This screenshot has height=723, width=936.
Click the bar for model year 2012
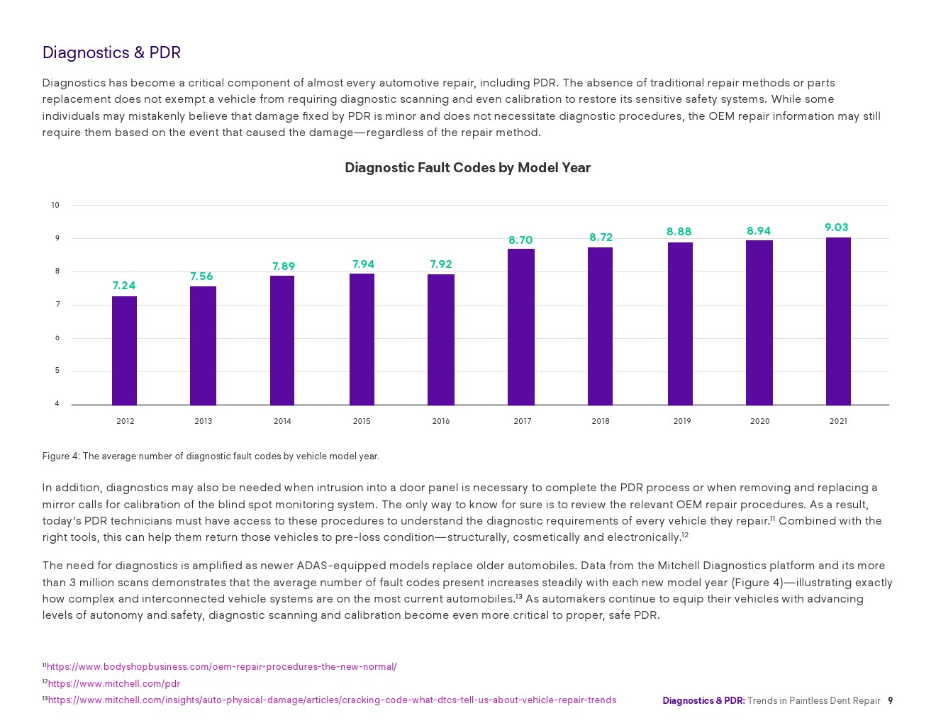[x=124, y=350]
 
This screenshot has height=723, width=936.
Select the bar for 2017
[x=521, y=327]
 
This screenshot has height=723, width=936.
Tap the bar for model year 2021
[x=838, y=321]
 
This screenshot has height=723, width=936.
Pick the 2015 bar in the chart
[x=362, y=339]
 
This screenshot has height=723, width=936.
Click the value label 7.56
[x=201, y=276]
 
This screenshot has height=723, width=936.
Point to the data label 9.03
[x=836, y=228]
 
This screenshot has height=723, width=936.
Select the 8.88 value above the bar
[x=679, y=232]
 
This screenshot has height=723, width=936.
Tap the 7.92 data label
[x=440, y=264]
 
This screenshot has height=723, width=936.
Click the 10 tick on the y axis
[x=55, y=206]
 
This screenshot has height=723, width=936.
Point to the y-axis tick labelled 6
[x=57, y=338]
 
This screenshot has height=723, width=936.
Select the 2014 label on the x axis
[x=282, y=421]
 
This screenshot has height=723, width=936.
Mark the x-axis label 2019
[x=682, y=421]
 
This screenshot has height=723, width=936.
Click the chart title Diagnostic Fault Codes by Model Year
[x=467, y=168]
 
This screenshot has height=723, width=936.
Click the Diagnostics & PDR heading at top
[x=111, y=52]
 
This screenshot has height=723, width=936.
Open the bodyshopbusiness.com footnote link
[x=221, y=667]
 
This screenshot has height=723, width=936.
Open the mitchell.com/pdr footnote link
[x=113, y=684]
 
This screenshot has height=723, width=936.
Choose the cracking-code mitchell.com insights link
[x=332, y=700]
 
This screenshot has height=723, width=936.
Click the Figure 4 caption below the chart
[x=211, y=456]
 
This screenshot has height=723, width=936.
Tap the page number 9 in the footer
[x=891, y=701]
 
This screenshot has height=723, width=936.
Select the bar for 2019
[x=680, y=323]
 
